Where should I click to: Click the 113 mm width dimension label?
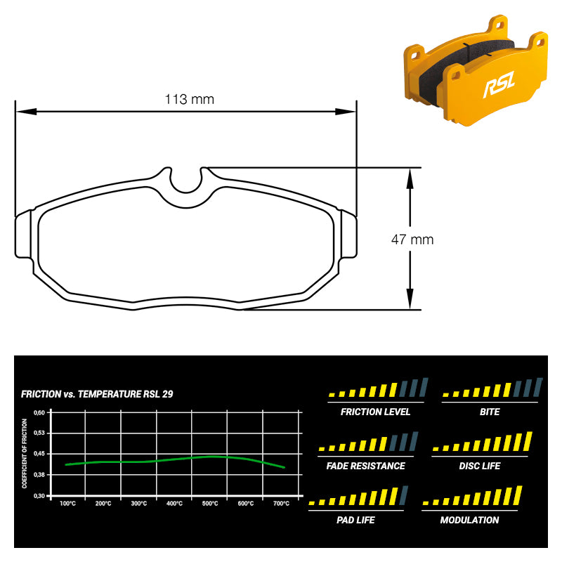[x=189, y=99]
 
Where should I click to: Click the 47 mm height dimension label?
[x=412, y=240]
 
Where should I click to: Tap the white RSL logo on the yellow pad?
[x=499, y=84]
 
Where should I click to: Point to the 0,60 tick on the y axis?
[x=39, y=412]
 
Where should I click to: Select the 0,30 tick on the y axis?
[x=39, y=496]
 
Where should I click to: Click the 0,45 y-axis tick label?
[x=39, y=454]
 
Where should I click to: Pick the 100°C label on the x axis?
[x=67, y=504]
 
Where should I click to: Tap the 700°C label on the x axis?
[x=282, y=504]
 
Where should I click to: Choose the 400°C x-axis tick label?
[x=174, y=504]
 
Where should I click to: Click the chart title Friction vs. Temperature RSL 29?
[x=97, y=394]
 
